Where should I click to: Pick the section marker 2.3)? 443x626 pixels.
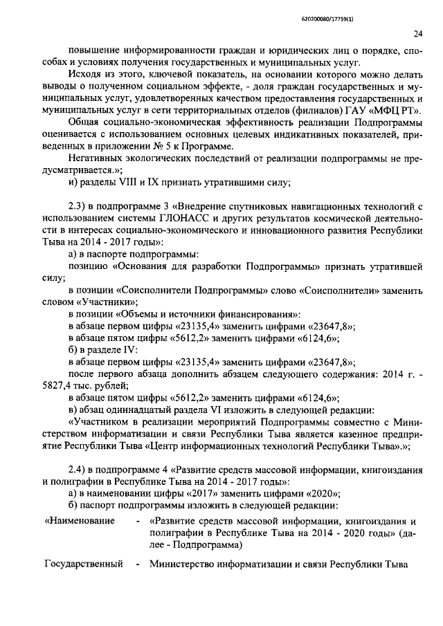pyautogui.click(x=78, y=208)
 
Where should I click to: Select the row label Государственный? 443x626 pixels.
pyautogui.click(x=83, y=564)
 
